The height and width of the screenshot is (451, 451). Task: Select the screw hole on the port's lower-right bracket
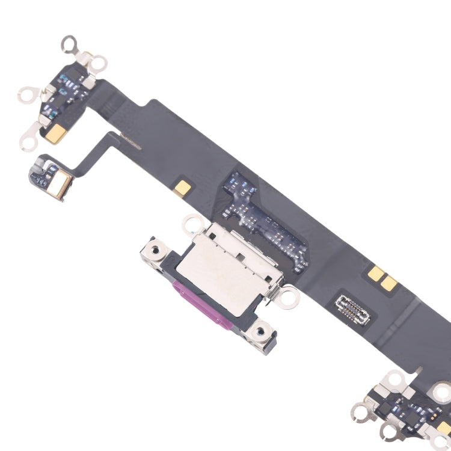coord(260,328)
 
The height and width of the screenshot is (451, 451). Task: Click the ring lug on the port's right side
coord(289,295)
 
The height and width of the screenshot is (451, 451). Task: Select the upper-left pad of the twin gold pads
coord(376,274)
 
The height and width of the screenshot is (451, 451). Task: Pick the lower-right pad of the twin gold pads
coord(390,285)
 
